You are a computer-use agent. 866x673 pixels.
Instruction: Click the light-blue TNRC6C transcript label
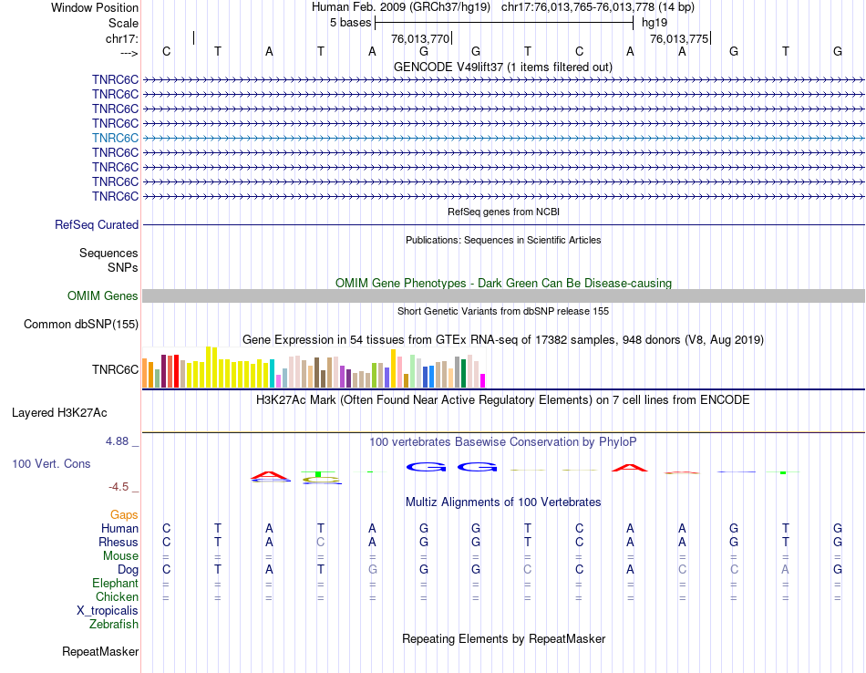point(115,138)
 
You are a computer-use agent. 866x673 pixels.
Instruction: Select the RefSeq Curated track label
point(97,224)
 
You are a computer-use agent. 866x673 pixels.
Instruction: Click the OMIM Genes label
point(103,295)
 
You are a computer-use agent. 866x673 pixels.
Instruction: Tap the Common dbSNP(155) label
point(81,324)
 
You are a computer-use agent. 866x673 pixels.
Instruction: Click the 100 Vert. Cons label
point(51,463)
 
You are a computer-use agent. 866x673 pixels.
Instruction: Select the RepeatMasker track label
point(100,651)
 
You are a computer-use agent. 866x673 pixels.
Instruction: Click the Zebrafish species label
point(114,624)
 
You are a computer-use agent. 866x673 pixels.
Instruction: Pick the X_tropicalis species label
point(108,610)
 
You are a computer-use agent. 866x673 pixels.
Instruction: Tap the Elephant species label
point(115,583)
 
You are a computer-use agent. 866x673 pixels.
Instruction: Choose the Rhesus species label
point(119,542)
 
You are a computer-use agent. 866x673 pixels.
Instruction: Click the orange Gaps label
point(124,514)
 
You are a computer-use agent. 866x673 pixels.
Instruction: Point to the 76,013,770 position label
point(420,39)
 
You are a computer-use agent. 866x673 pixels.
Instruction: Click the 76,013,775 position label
point(678,39)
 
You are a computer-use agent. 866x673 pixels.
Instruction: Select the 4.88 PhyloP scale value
point(119,441)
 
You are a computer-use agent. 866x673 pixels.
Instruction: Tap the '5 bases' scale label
point(350,22)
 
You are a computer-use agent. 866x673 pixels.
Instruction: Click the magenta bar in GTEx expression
point(483,380)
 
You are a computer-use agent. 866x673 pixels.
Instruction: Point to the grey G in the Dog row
point(372,569)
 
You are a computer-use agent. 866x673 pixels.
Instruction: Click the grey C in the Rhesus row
point(320,542)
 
